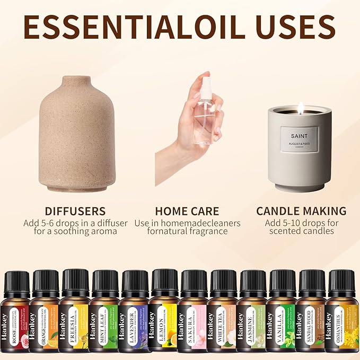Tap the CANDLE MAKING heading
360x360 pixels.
[301, 211]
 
